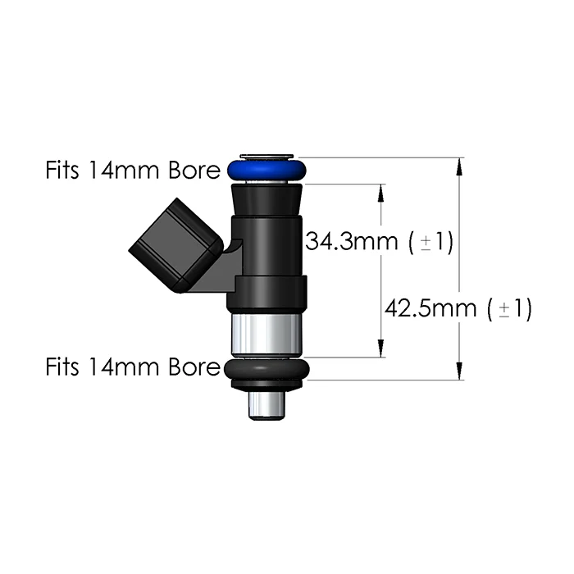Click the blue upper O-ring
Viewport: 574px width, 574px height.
[268, 171]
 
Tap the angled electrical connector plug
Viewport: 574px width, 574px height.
[174, 244]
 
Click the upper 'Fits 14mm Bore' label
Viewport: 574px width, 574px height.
[132, 171]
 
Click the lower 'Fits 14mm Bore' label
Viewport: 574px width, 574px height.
[132, 366]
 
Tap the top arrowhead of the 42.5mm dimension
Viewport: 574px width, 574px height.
[459, 165]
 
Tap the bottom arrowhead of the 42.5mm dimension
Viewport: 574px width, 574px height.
[459, 373]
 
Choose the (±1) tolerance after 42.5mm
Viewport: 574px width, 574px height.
[510, 309]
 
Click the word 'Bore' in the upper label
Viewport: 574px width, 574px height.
[194, 171]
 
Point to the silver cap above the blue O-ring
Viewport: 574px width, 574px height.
[268, 156]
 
